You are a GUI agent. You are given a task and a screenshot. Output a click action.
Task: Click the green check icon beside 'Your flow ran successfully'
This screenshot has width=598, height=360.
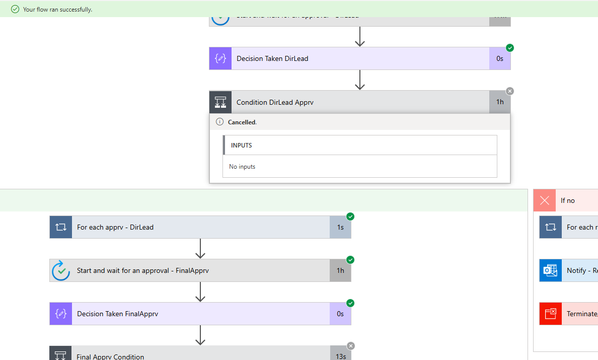click(15, 9)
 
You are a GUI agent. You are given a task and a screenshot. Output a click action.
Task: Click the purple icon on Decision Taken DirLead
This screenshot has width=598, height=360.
click(220, 58)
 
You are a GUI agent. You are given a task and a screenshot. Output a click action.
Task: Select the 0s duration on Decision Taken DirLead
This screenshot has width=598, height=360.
click(500, 58)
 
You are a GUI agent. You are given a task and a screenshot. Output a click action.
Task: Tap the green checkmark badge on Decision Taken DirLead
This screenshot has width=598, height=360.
click(510, 48)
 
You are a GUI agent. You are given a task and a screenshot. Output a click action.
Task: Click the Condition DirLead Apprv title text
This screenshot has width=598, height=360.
click(275, 102)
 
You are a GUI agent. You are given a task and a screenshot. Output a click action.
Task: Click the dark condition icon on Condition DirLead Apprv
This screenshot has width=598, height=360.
click(220, 102)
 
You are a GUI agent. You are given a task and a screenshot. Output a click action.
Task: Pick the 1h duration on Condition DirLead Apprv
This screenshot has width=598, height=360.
click(500, 102)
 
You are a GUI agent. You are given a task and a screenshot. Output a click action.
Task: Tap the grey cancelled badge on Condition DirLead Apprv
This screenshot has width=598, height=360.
click(510, 91)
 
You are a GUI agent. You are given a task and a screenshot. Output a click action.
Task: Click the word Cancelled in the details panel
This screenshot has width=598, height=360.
click(242, 122)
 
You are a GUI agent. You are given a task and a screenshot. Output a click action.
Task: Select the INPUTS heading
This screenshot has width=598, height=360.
click(242, 145)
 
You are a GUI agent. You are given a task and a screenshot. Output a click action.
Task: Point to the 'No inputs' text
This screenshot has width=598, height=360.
click(242, 167)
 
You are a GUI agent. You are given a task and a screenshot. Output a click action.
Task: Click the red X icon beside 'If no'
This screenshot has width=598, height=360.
click(545, 200)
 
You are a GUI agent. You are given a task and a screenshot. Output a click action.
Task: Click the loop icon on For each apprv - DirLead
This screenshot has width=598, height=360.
click(61, 227)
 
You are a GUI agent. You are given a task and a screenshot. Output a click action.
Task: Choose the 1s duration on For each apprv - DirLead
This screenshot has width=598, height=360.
click(340, 227)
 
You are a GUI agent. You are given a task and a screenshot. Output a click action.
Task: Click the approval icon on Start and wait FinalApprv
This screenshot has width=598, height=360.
click(61, 270)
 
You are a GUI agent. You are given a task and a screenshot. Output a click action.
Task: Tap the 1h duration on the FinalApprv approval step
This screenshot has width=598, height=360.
click(340, 270)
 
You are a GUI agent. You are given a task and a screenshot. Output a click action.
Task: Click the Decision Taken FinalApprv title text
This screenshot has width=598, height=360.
click(117, 314)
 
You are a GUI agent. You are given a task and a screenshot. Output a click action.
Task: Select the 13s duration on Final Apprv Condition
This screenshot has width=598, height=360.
click(340, 356)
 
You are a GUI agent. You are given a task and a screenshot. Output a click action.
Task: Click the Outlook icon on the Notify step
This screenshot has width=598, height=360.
click(550, 270)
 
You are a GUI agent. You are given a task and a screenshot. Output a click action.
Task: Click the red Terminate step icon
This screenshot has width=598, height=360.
click(550, 314)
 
